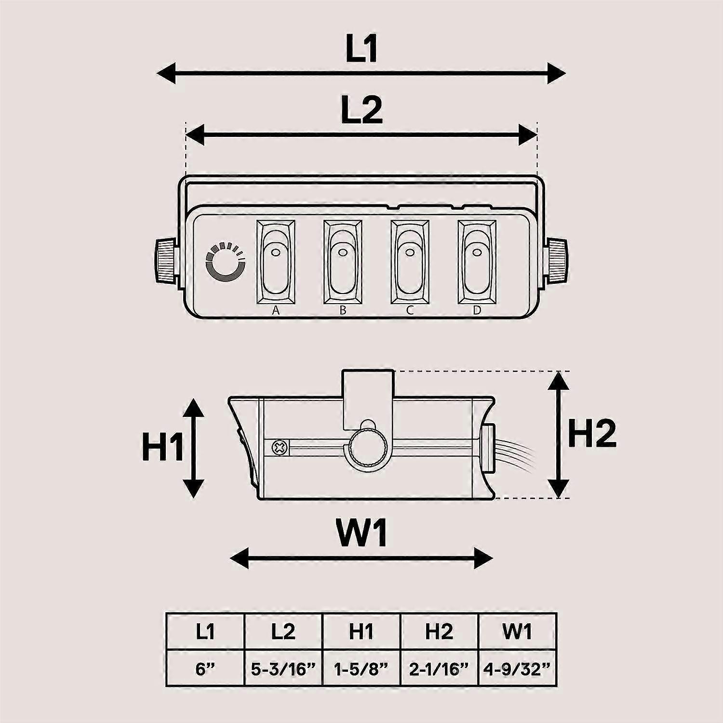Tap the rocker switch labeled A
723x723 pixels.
(275, 262)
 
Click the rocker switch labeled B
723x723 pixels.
(343, 262)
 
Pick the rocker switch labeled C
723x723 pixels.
(410, 262)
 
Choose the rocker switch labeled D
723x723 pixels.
(477, 262)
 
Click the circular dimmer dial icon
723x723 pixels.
(225, 262)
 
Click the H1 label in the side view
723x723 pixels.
(162, 447)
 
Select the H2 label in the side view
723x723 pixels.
(592, 433)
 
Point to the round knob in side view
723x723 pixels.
(369, 447)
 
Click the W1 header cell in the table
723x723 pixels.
(518, 631)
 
